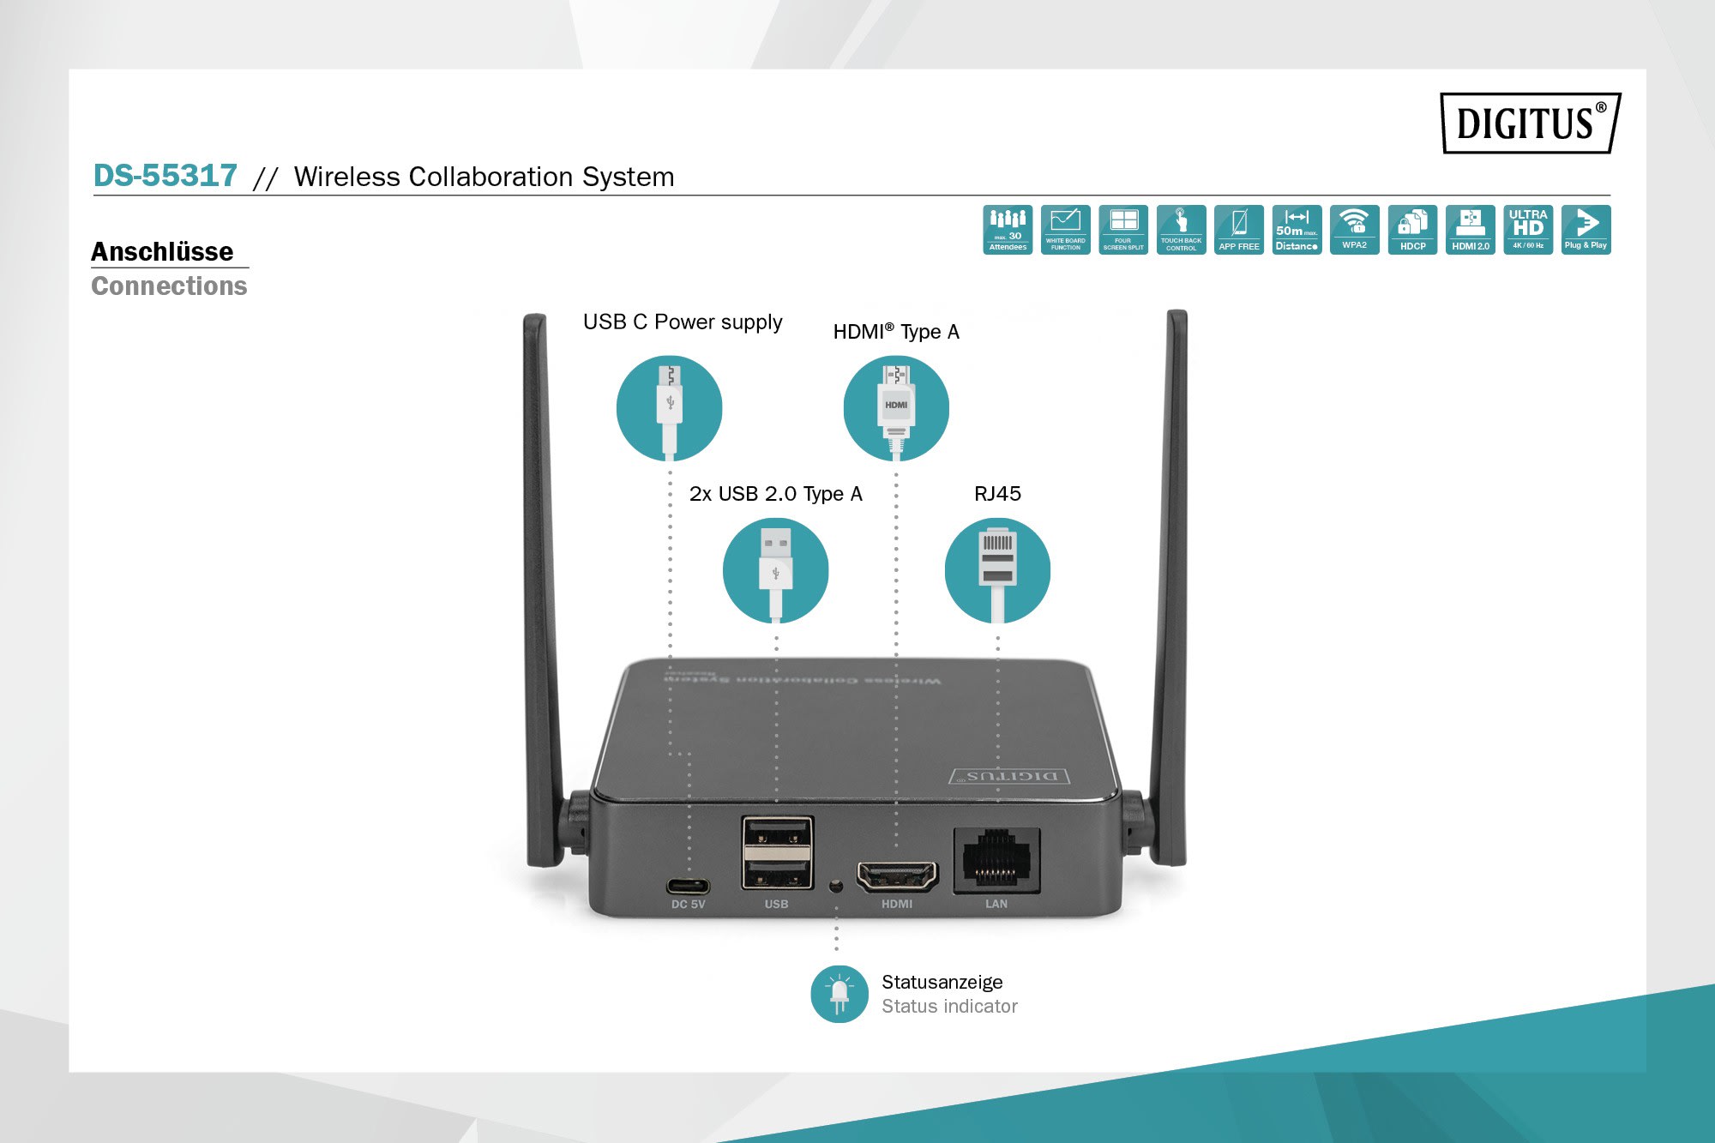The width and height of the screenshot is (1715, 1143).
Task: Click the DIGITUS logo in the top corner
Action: pos(1530,123)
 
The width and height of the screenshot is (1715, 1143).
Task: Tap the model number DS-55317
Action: pos(165,176)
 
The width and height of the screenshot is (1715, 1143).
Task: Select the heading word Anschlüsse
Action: pos(162,251)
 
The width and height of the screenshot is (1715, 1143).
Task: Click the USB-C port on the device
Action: pos(688,885)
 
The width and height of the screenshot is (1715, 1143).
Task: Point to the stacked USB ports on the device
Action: pos(777,853)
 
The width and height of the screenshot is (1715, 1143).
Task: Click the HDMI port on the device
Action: pos(897,876)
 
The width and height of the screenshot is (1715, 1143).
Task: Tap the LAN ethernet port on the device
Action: pos(996,860)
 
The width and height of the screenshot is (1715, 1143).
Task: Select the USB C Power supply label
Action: pos(683,322)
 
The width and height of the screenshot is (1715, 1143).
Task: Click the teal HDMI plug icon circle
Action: pos(896,408)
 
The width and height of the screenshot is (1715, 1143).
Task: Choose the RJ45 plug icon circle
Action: pos(997,570)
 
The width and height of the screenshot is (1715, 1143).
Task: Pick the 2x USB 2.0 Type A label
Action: pos(775,494)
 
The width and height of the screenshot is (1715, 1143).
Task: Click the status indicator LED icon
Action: pos(839,994)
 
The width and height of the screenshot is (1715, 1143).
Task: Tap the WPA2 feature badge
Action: pos(1355,230)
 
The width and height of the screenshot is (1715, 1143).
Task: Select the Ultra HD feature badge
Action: pos(1528,230)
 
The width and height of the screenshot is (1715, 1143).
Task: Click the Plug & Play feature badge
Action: pos(1586,230)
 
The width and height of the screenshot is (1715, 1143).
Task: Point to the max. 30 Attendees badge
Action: pos(1008,230)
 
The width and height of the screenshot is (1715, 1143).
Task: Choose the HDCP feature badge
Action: pos(1412,230)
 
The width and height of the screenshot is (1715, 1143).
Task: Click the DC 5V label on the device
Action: pos(688,905)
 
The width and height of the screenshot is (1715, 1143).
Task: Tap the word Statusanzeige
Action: pos(942,982)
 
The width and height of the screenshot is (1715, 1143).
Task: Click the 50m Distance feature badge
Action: pos(1297,230)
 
